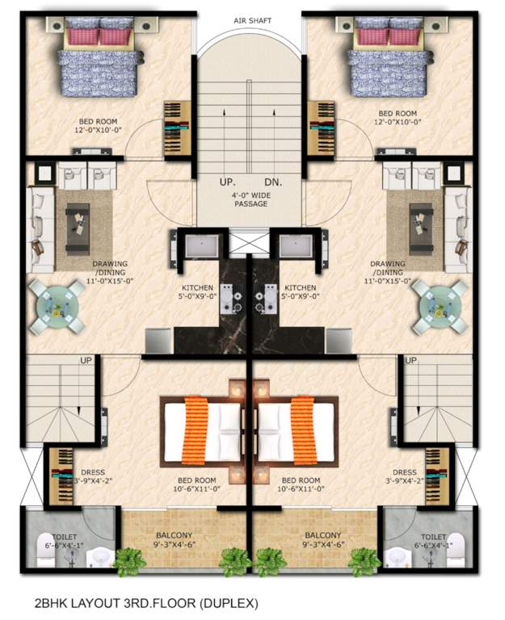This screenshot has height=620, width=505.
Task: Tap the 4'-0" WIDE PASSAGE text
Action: [252, 199]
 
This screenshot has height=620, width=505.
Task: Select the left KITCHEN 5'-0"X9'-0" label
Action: [197, 292]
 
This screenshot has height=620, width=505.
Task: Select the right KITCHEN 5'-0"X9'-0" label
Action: [300, 292]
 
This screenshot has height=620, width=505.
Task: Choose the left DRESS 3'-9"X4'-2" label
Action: [87, 477]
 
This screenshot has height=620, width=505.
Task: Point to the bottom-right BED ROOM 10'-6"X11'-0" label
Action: [301, 484]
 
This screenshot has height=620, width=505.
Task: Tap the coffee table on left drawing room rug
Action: [78, 218]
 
